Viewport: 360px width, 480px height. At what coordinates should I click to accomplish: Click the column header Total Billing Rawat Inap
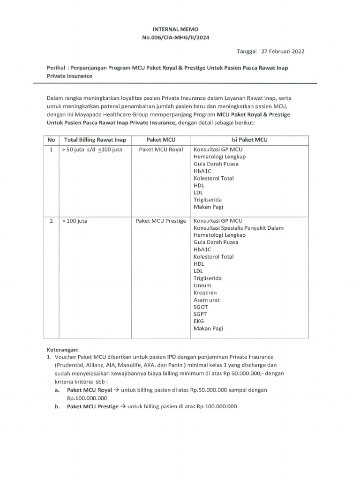(x=95, y=140)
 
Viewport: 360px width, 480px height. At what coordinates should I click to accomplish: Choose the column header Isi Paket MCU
(x=249, y=140)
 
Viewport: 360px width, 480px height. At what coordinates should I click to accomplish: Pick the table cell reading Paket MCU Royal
(x=161, y=149)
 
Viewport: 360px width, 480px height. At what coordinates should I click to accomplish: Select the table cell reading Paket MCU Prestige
(x=161, y=221)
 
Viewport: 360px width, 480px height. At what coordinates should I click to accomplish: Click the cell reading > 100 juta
(x=73, y=221)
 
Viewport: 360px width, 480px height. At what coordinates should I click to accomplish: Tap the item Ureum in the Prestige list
(x=202, y=285)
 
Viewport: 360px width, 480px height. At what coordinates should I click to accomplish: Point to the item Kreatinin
(x=205, y=292)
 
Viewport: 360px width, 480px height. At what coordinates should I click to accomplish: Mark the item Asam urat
(x=206, y=300)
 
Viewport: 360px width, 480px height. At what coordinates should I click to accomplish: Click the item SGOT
(x=201, y=307)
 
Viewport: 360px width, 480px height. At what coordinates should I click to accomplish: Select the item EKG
(x=199, y=322)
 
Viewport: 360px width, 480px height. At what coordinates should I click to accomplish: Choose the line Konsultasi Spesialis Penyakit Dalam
(x=238, y=228)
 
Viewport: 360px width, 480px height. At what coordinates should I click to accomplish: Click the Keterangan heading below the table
(x=63, y=350)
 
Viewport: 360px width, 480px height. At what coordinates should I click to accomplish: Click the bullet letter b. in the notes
(x=57, y=407)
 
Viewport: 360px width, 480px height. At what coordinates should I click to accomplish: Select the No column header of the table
(x=52, y=140)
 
